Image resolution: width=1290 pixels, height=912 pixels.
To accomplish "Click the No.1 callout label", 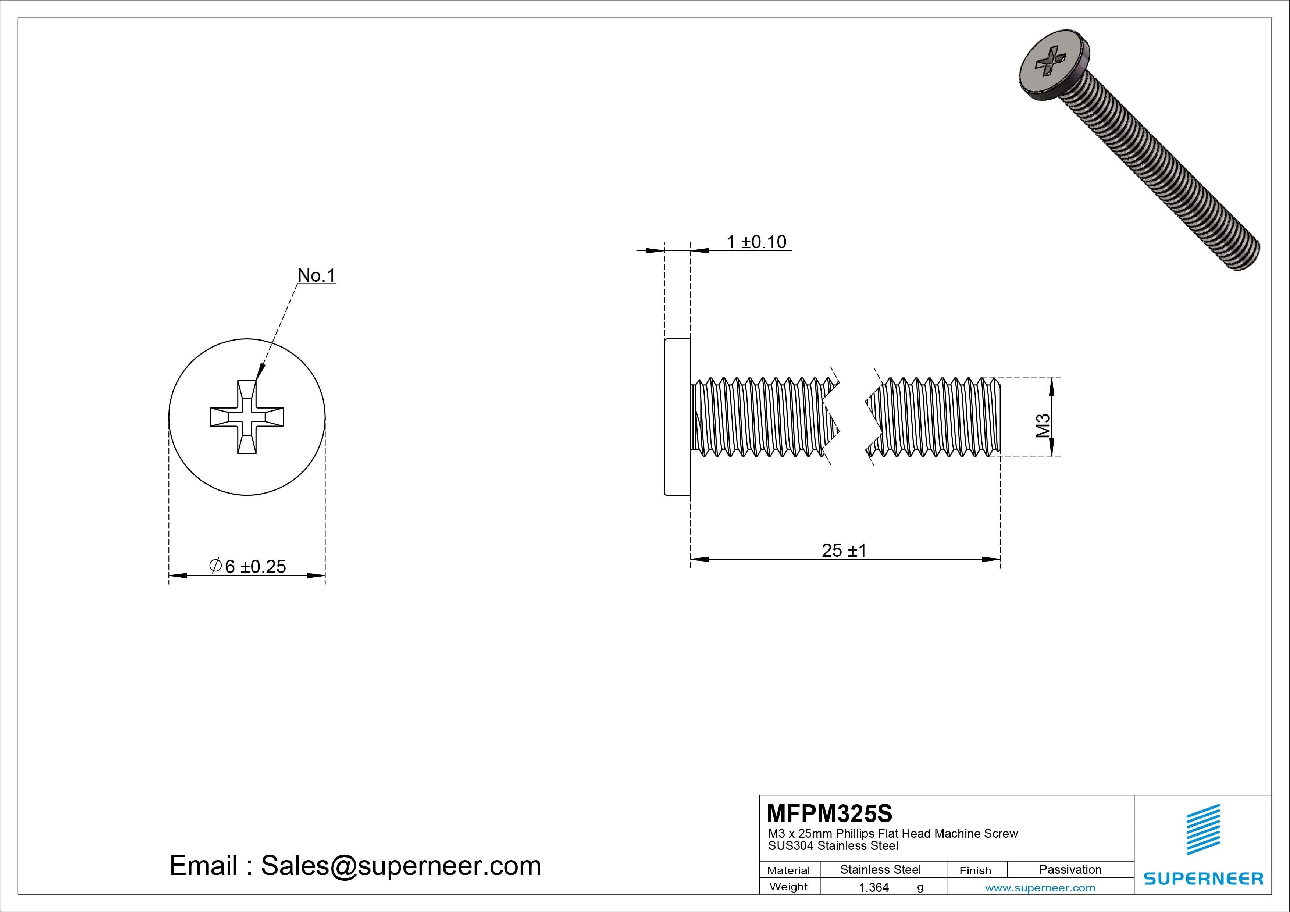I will point(316,275).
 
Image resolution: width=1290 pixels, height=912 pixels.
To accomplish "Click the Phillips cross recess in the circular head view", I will point(247,417).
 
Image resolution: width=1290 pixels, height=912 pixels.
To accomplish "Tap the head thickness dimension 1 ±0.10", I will point(756,242).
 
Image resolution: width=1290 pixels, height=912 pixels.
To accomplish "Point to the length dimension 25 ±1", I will point(844,550).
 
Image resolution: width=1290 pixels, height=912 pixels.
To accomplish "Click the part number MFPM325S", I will point(829,813).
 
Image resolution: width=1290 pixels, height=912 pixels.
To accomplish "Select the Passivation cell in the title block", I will point(1070,869).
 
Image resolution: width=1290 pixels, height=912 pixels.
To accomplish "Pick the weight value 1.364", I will point(874,888).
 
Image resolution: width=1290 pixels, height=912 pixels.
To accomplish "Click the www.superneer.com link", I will point(1040,888).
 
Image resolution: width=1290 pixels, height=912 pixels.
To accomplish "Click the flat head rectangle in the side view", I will point(677,417).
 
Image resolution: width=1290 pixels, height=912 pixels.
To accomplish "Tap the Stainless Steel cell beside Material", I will point(880,869).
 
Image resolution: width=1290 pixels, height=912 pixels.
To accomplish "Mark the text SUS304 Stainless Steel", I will point(833,846).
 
